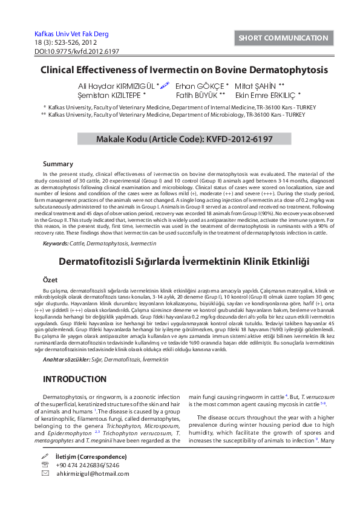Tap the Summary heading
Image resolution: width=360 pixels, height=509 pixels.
pos(58,164)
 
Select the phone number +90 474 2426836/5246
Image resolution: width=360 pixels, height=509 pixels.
pos(88,465)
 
